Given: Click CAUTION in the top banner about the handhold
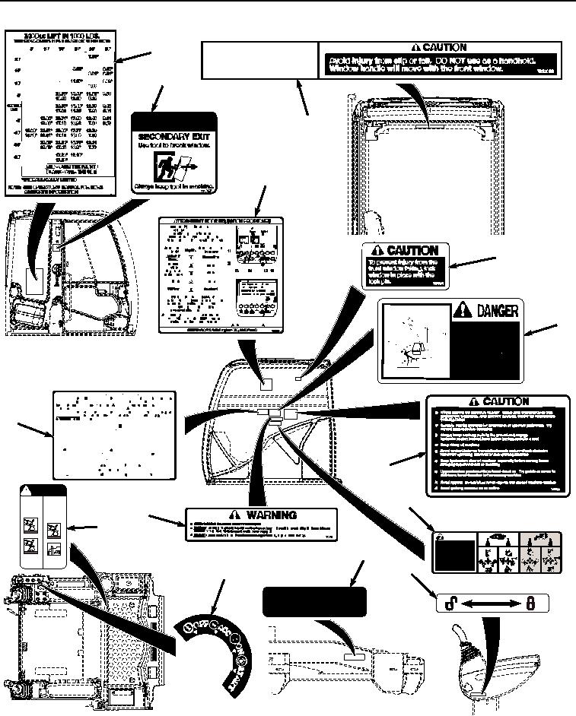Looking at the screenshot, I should (x=444, y=47).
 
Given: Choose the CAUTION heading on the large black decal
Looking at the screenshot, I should (x=499, y=402).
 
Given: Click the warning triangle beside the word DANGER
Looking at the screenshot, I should (x=461, y=310).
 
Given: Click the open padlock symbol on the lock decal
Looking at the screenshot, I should (x=450, y=603).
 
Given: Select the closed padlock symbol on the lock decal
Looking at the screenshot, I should (x=532, y=603).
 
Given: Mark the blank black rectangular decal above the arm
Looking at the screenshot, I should (x=313, y=602).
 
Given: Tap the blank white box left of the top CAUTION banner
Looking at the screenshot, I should (x=259, y=59).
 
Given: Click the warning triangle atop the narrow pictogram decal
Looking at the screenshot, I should (x=28, y=490).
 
